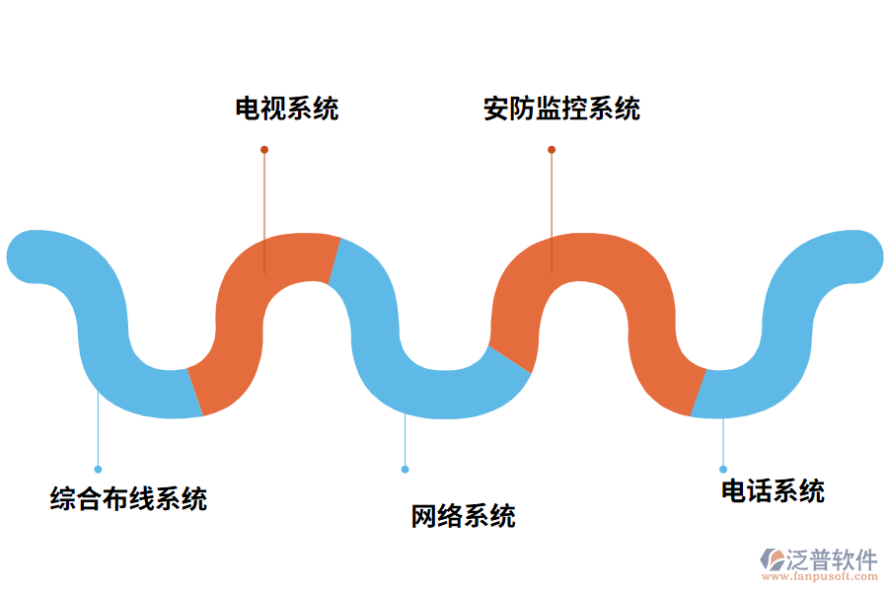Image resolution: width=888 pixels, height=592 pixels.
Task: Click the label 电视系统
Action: coord(286,109)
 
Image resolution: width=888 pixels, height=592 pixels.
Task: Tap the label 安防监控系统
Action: coord(561,109)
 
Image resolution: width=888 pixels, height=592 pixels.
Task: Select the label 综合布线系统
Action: coord(129,498)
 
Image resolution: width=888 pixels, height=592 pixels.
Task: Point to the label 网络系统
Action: coord(464,516)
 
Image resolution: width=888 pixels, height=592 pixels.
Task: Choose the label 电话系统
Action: coord(773,490)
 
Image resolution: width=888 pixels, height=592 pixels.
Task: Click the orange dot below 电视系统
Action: coord(264,150)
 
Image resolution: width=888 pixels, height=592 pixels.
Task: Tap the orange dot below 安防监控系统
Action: coord(552,150)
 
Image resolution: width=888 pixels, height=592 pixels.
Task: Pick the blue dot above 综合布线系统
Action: coord(98,469)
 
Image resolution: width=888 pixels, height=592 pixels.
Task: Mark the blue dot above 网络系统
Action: coord(405,469)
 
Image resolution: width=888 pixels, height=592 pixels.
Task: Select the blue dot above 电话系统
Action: coord(723,469)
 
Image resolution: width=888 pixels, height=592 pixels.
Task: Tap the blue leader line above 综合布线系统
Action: coord(98,434)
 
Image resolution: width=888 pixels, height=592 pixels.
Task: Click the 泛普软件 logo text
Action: coord(831,559)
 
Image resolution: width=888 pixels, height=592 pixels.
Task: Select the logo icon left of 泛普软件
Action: coord(771,559)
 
